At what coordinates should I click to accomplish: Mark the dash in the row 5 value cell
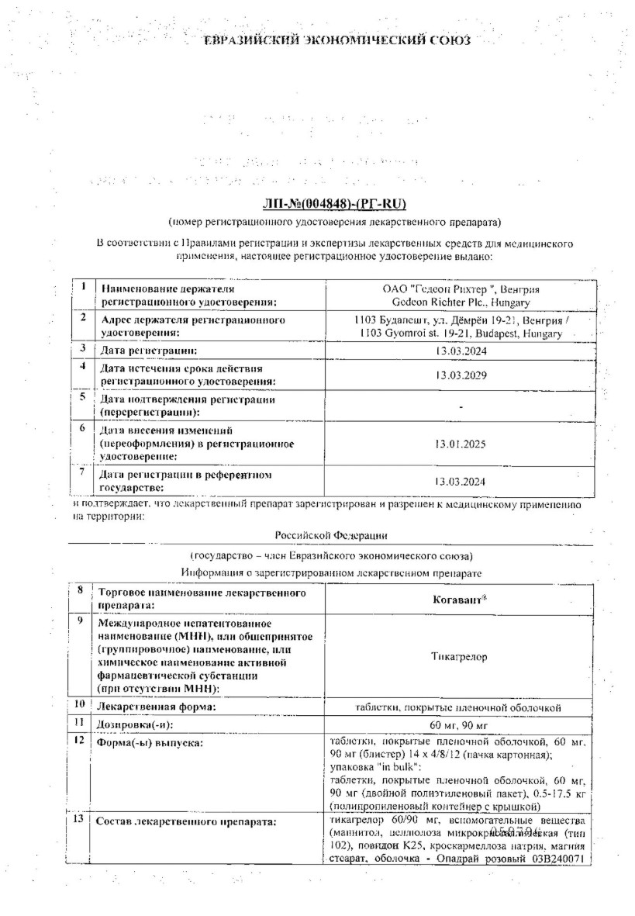(461, 406)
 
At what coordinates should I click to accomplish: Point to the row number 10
(80, 705)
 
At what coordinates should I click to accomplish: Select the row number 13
(80, 820)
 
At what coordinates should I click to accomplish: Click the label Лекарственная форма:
(154, 707)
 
